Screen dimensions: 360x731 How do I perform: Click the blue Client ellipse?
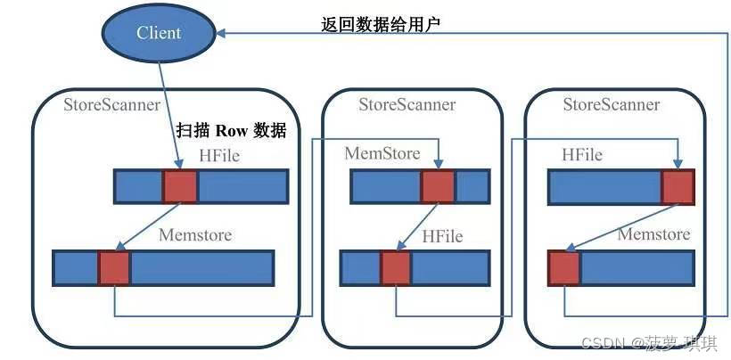click(159, 34)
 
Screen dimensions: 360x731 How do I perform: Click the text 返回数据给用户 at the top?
click(381, 25)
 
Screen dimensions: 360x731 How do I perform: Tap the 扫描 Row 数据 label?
click(231, 130)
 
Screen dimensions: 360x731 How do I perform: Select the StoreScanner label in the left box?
click(111, 105)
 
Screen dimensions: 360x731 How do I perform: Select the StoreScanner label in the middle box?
click(407, 105)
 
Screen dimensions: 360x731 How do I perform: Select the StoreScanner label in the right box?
click(612, 105)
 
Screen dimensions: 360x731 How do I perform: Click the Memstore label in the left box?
click(194, 235)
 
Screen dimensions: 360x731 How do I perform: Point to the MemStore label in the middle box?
click(382, 154)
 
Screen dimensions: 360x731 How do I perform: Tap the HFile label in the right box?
click(582, 155)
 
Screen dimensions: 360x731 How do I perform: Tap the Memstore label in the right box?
click(653, 234)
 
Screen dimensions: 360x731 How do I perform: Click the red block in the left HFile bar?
click(179, 187)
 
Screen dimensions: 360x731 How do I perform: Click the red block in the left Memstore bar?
click(113, 267)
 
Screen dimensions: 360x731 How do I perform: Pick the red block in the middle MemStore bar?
click(438, 187)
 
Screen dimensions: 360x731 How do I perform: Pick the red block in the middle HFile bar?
click(396, 267)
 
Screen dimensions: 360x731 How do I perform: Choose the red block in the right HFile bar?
click(678, 188)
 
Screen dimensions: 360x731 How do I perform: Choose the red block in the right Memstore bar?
click(564, 267)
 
